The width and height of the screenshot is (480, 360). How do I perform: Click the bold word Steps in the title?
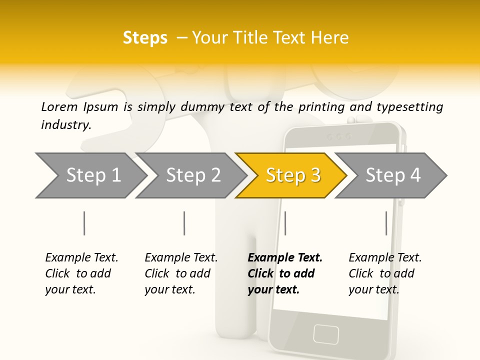pyautogui.click(x=145, y=38)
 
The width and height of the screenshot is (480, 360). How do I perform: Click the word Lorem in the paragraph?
pyautogui.click(x=59, y=106)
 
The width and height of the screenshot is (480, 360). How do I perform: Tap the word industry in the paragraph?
pyautogui.click(x=65, y=124)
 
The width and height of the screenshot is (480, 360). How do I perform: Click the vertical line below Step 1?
pyautogui.click(x=84, y=223)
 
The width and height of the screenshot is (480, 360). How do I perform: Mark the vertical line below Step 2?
pyautogui.click(x=184, y=223)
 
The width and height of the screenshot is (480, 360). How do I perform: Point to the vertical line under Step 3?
pyautogui.click(x=285, y=223)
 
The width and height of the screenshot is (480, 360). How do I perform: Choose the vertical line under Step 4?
pyautogui.click(x=386, y=223)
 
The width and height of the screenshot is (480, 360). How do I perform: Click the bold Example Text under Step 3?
pyautogui.click(x=285, y=258)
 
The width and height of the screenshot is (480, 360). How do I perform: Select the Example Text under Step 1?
pyautogui.click(x=81, y=258)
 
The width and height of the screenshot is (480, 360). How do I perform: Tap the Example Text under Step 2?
pyautogui.click(x=181, y=258)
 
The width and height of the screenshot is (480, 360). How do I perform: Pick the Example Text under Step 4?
pyautogui.click(x=385, y=258)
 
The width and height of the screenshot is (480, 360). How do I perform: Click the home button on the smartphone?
pyautogui.click(x=326, y=333)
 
